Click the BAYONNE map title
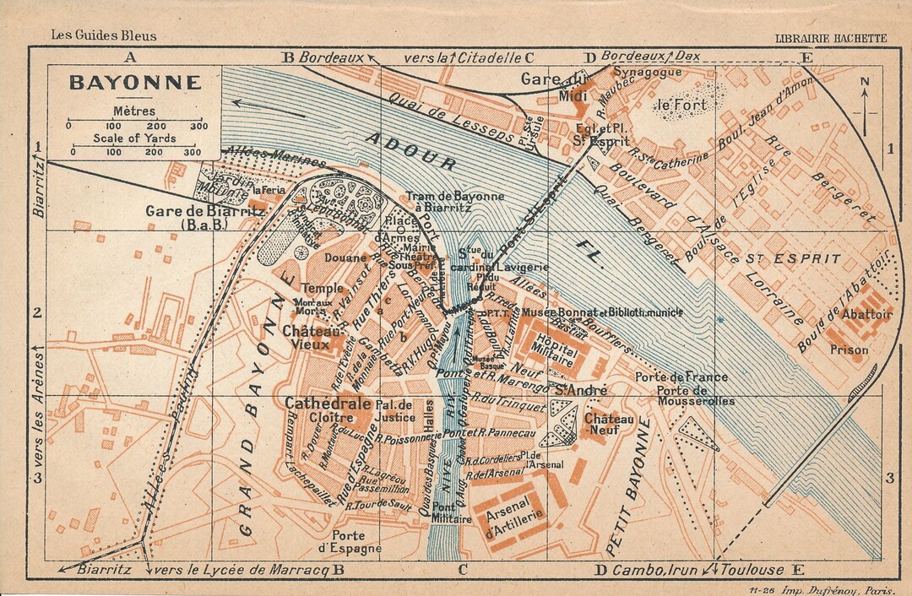(x=135, y=83)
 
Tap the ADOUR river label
(x=411, y=150)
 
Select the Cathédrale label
(x=328, y=404)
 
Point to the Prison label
(x=848, y=349)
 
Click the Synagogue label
(x=647, y=73)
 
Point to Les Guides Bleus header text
(x=103, y=35)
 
